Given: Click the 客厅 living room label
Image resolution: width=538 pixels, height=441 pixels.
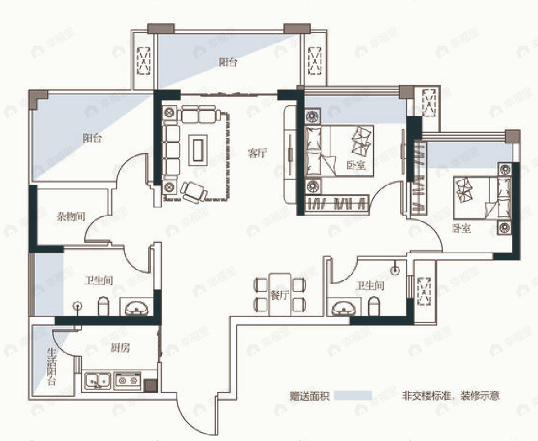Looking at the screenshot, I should click(257, 153).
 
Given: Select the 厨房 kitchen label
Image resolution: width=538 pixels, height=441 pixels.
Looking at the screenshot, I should click(121, 348).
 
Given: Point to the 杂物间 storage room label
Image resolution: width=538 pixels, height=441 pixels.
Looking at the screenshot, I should click(71, 217).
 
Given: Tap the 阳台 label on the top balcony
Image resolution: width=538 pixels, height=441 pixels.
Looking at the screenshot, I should click(228, 62).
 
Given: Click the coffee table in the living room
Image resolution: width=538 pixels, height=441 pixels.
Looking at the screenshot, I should click(197, 149).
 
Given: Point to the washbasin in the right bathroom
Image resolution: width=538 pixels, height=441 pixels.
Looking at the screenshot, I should click(344, 307).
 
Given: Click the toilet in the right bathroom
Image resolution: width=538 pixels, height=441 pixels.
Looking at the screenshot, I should click(374, 307).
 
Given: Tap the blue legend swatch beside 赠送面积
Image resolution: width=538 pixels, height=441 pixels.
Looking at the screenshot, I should click(352, 395).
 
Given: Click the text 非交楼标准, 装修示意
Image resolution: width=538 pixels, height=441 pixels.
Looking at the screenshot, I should click(450, 395).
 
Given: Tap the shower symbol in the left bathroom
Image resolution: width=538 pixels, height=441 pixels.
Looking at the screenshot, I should click(79, 307).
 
